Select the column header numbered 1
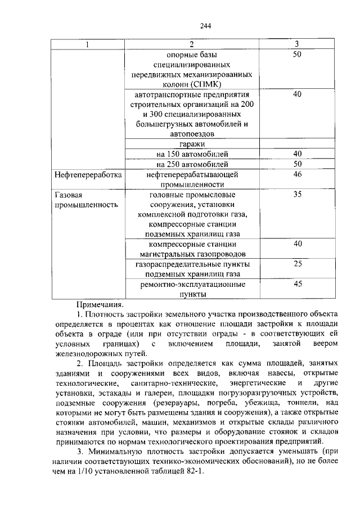[87, 44]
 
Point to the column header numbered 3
[298, 44]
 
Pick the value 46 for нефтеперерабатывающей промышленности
[298, 175]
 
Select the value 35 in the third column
[298, 194]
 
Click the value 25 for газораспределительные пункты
[298, 264]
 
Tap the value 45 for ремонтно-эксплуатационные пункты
[298, 284]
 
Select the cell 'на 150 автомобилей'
[192, 154]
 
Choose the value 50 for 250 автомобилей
[298, 164]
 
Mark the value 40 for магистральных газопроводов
[298, 244]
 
